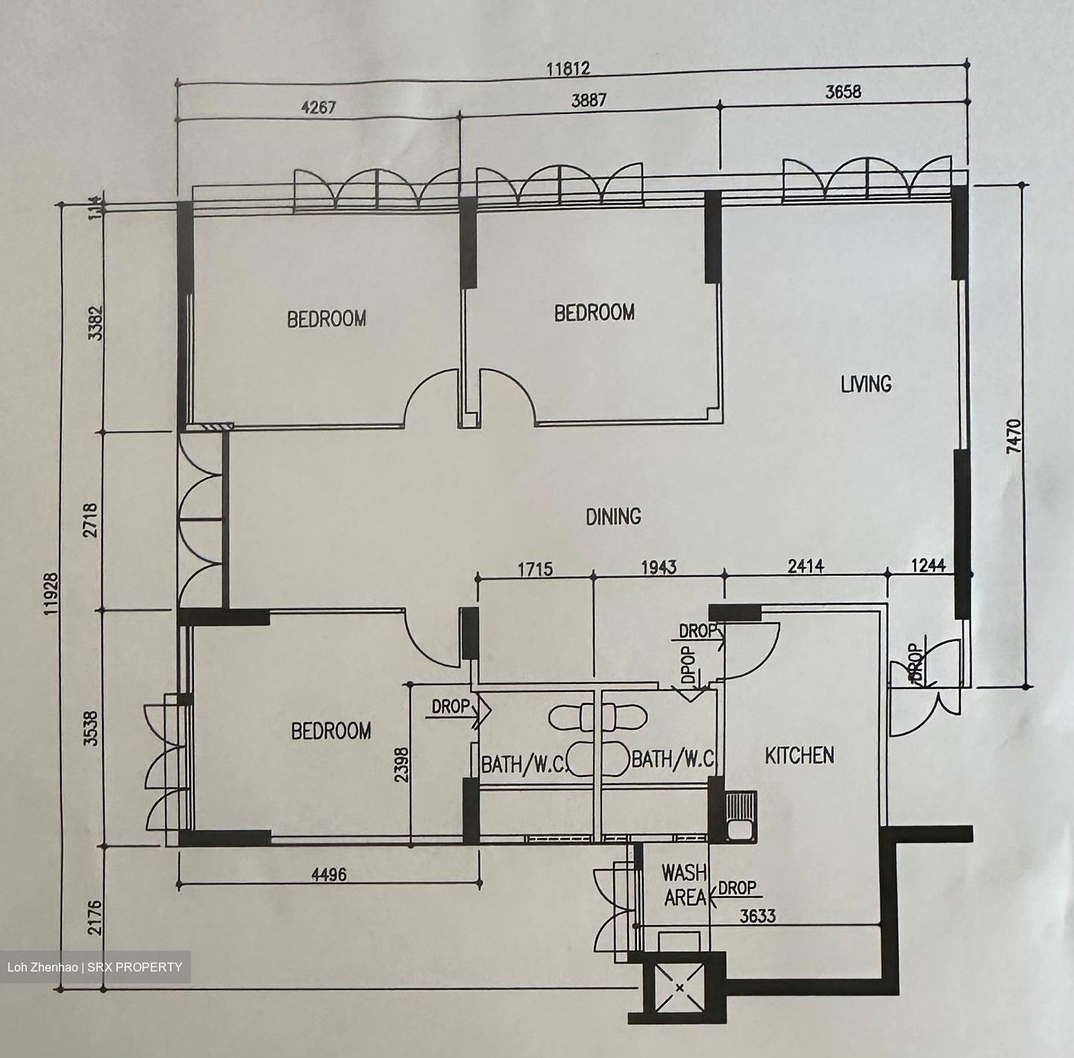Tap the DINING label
click(613, 516)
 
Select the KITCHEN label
click(800, 756)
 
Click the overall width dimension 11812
click(568, 69)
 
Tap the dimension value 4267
click(318, 107)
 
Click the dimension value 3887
click(588, 101)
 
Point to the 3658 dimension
click(843, 92)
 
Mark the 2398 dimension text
click(402, 764)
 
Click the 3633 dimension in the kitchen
click(758, 916)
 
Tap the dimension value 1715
click(536, 569)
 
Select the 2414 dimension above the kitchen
click(806, 567)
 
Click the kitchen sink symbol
click(742, 816)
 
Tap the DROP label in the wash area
click(738, 887)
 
